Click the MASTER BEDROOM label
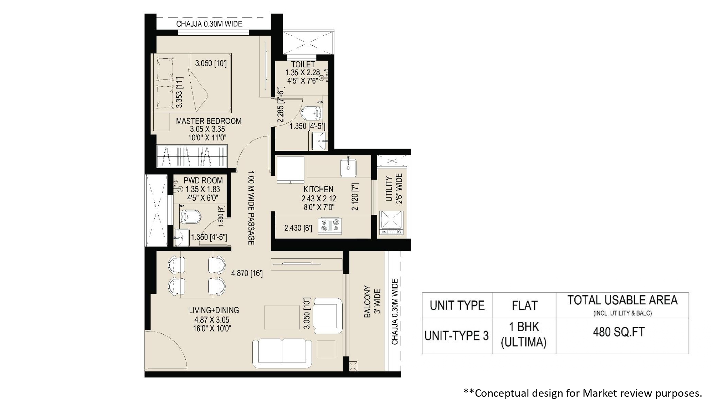[x=209, y=121]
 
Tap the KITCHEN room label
[x=318, y=189]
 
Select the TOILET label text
[x=303, y=65]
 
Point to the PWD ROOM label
[x=203, y=181]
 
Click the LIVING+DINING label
[x=214, y=310]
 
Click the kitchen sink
[x=348, y=167]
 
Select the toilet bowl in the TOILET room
[x=311, y=114]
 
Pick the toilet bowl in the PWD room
[x=190, y=216]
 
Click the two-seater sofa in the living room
[x=282, y=353]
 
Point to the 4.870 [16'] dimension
[x=247, y=273]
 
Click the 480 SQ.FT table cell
[x=619, y=332]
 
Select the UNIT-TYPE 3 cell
[x=457, y=336]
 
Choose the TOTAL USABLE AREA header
[x=622, y=300]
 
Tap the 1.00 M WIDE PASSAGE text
[x=251, y=208]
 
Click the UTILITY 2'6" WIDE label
[x=394, y=189]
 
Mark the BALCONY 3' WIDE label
[x=372, y=302]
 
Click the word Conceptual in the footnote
[x=501, y=393]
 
